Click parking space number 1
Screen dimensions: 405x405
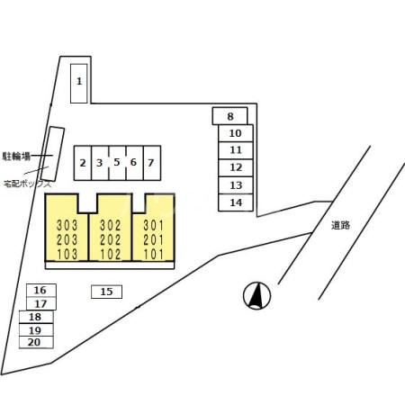pyautogui.click(x=79, y=84)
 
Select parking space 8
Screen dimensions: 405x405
pyautogui.click(x=230, y=116)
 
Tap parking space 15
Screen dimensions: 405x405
pyautogui.click(x=106, y=292)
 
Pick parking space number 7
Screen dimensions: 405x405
pyautogui.click(x=152, y=163)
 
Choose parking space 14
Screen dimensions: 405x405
pyautogui.click(x=236, y=202)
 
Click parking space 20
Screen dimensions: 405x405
pyautogui.click(x=36, y=342)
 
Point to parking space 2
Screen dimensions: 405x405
pyautogui.click(x=83, y=163)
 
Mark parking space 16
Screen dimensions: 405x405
pyautogui.click(x=41, y=291)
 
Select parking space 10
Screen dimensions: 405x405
pyautogui.click(x=236, y=133)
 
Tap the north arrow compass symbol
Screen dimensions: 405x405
pyautogui.click(x=256, y=296)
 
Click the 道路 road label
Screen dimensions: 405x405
pyautogui.click(x=340, y=225)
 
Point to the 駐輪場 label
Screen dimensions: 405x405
pyautogui.click(x=16, y=156)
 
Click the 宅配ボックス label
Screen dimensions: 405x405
pyautogui.click(x=28, y=184)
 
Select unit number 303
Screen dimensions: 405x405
pyautogui.click(x=67, y=225)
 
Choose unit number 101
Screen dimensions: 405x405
pyautogui.click(x=154, y=255)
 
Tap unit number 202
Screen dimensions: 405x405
pyautogui.click(x=111, y=240)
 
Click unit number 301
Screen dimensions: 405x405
pyautogui.click(x=154, y=225)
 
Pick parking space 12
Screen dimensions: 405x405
pyautogui.click(x=236, y=168)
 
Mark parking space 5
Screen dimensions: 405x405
pyautogui.click(x=117, y=163)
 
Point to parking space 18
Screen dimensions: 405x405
pyautogui.click(x=36, y=317)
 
